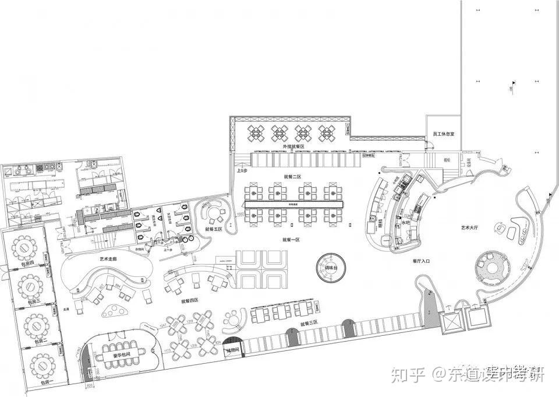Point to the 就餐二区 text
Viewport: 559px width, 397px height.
[x=292, y=176]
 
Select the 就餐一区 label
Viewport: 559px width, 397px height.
[x=291, y=239]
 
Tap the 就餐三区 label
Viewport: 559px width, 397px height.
[x=309, y=322]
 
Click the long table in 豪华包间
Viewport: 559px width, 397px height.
[x=120, y=356]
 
